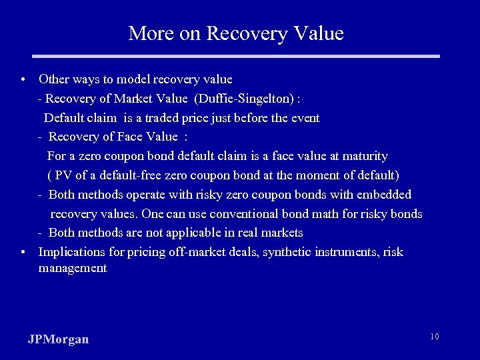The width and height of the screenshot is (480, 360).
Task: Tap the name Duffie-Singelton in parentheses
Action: point(244,99)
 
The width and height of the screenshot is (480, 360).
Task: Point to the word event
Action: point(304,118)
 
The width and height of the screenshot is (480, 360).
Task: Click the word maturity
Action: point(365,156)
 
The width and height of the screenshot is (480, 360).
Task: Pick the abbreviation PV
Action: point(63,175)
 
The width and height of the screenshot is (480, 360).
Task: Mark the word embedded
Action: point(385,195)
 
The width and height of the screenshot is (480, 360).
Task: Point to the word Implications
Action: point(71,252)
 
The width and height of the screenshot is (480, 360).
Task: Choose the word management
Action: point(73,268)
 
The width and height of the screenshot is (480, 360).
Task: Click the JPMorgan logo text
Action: point(59,339)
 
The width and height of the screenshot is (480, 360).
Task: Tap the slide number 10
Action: point(434,337)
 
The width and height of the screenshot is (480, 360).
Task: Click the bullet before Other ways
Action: point(23,80)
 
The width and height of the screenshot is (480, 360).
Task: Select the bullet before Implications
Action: point(23,252)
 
